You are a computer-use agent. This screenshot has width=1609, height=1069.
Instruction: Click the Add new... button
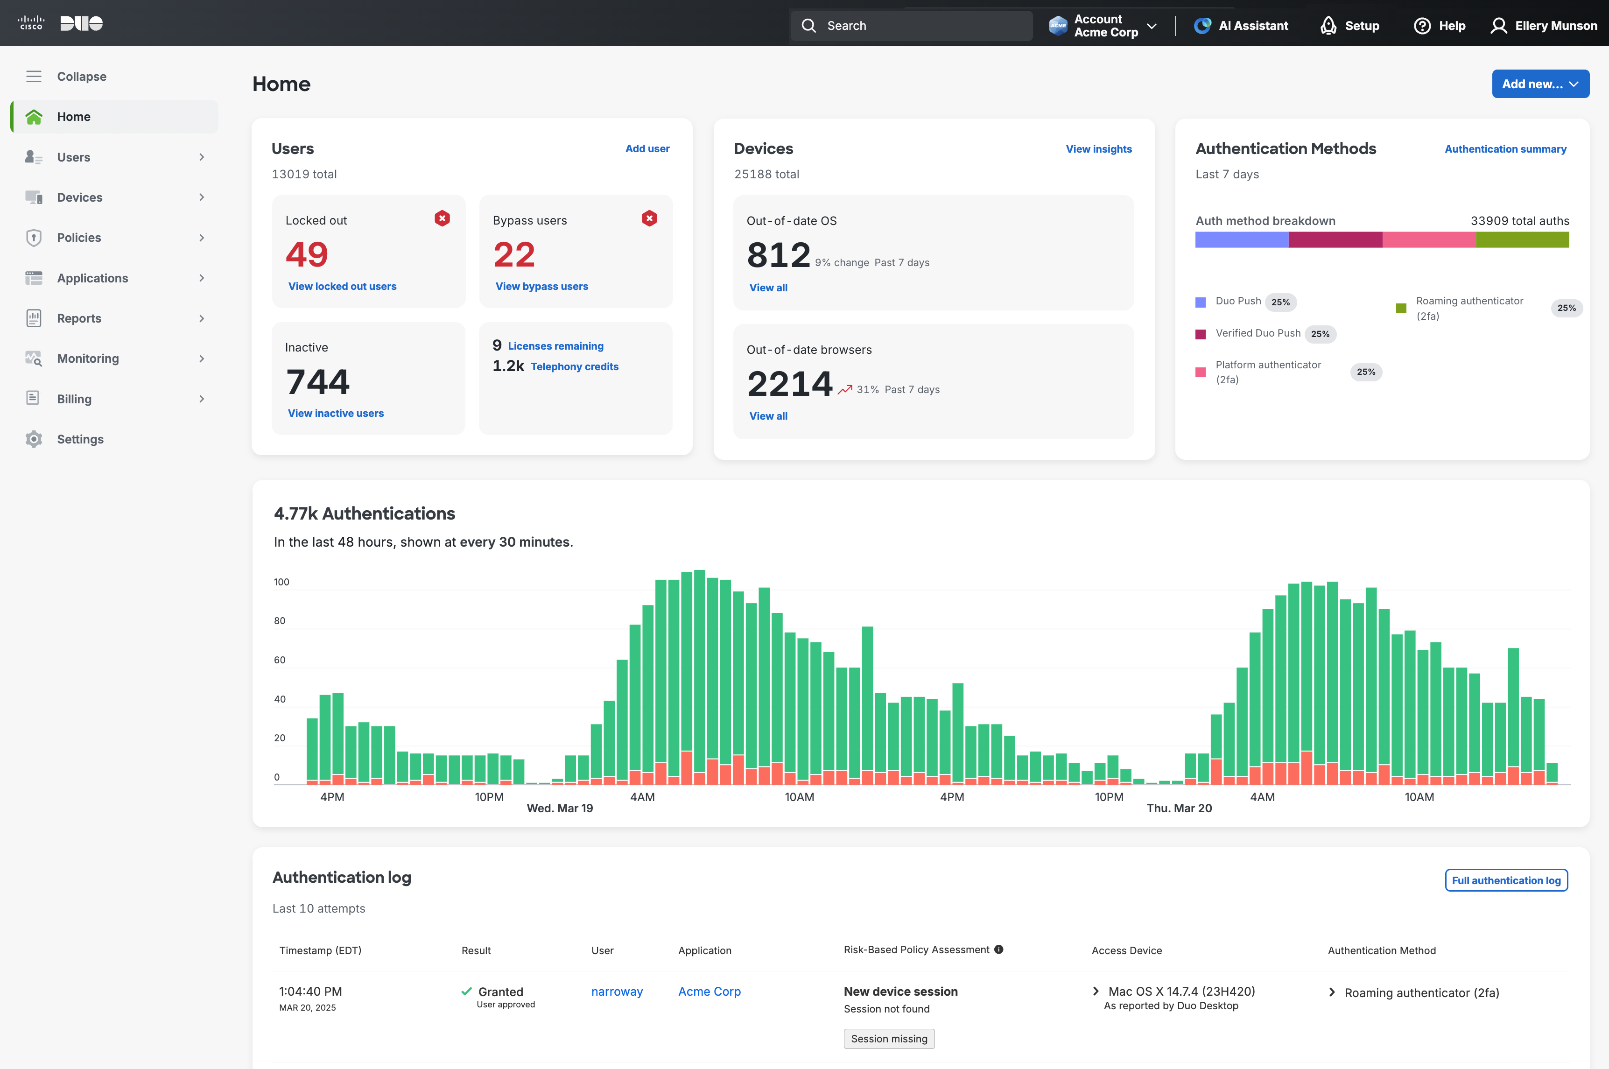[1539, 84]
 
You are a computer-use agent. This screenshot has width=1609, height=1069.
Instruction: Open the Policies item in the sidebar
[79, 237]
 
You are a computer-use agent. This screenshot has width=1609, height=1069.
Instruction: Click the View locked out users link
[342, 286]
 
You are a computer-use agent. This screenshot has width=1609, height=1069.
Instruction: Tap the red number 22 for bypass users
[514, 255]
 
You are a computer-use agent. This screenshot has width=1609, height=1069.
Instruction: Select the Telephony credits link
[574, 367]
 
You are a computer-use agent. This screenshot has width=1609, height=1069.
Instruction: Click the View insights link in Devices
[1098, 148]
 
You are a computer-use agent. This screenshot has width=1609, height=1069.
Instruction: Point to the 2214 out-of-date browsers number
[789, 384]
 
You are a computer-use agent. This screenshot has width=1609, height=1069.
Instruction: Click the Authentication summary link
[1505, 148]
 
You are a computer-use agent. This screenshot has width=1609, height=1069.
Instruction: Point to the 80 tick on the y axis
[280, 621]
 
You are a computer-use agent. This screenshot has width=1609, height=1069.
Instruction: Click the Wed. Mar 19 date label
[560, 808]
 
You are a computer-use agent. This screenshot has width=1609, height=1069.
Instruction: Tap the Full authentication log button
[1505, 880]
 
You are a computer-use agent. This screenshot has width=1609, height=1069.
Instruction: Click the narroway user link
[616, 992]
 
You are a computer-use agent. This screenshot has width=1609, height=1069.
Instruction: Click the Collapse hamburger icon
[34, 77]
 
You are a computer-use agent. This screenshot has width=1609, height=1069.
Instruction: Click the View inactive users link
[336, 413]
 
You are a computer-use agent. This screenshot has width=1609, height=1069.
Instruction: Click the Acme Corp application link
[709, 992]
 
